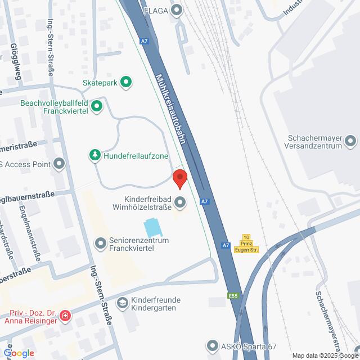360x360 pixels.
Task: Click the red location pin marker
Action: (x=180, y=179)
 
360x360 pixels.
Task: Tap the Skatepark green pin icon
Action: (x=127, y=82)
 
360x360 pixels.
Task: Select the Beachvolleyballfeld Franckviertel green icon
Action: (x=97, y=105)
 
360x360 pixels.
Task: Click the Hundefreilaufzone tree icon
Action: (x=95, y=154)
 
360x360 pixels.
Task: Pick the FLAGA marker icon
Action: (x=178, y=9)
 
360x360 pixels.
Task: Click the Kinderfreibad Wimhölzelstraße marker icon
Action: (x=180, y=201)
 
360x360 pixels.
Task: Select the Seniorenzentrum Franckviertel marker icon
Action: (x=101, y=243)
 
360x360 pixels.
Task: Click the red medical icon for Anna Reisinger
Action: (x=65, y=315)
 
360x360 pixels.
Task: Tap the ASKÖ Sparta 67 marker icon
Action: (x=212, y=345)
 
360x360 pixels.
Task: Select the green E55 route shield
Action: (x=233, y=295)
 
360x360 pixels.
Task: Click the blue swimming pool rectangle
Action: (x=151, y=228)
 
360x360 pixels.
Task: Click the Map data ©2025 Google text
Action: (x=325, y=355)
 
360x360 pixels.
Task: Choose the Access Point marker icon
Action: (x=59, y=164)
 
